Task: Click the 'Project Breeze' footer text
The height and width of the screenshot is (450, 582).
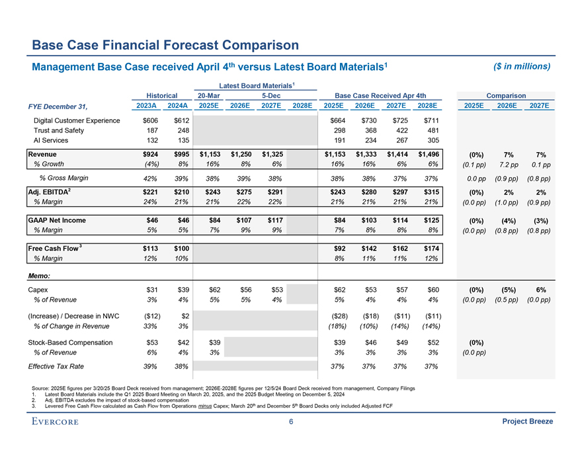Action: (x=528, y=422)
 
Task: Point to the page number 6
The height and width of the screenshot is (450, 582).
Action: (x=291, y=422)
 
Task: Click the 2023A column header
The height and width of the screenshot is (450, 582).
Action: (x=145, y=106)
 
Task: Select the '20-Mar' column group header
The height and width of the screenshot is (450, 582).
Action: (x=208, y=95)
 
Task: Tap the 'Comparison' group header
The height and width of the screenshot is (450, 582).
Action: (x=506, y=95)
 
